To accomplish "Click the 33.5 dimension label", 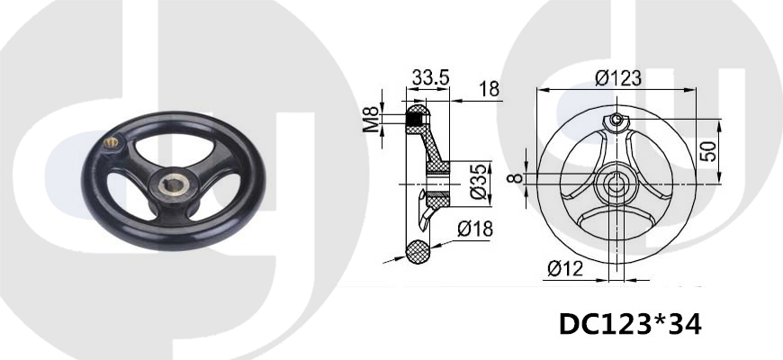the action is [x=430, y=77].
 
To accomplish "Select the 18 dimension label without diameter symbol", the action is [x=490, y=89].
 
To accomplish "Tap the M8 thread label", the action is [x=371, y=119].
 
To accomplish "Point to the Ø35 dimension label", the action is [x=479, y=181].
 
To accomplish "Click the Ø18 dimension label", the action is [x=475, y=229].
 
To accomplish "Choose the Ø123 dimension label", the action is [x=618, y=78].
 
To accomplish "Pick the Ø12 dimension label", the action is [x=565, y=269].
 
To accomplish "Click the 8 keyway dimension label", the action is [x=517, y=178].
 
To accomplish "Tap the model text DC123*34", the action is [x=630, y=324].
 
